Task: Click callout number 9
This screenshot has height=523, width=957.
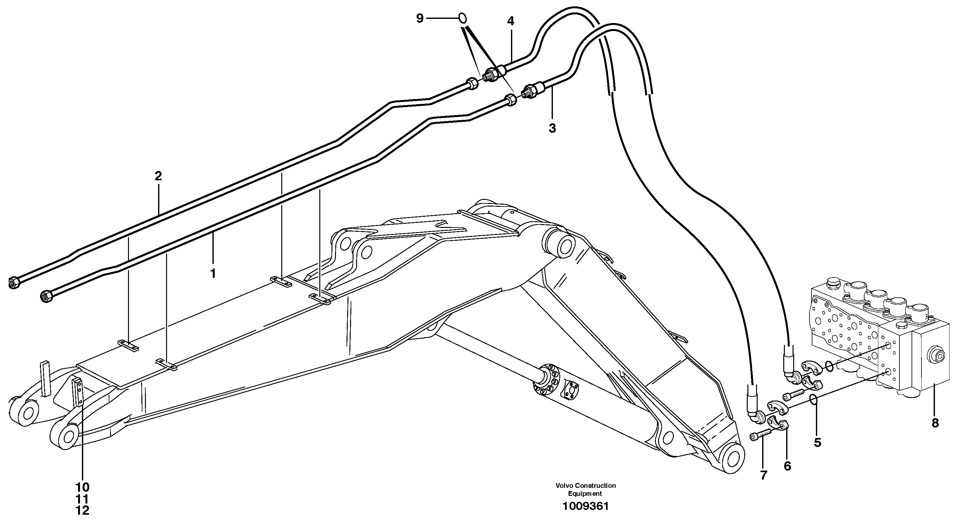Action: click(420, 18)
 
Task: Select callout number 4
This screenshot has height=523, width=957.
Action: click(511, 21)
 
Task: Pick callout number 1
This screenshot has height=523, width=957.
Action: click(213, 274)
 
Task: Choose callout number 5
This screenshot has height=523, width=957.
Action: click(817, 442)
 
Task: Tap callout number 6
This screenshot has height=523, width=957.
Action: click(787, 466)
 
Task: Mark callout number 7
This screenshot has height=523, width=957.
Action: click(763, 475)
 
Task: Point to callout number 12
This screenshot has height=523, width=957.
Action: click(83, 511)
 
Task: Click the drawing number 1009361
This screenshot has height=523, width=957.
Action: click(586, 507)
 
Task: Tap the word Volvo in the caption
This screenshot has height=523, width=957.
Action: click(563, 486)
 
